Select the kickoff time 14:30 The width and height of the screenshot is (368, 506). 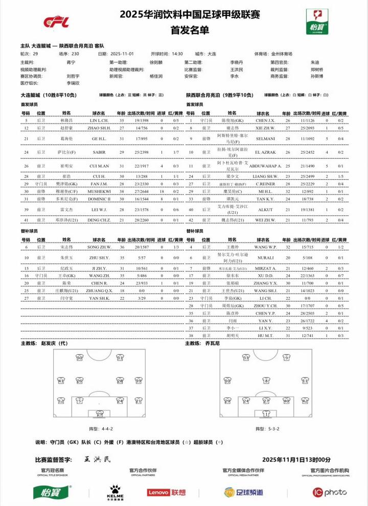coord(177,54)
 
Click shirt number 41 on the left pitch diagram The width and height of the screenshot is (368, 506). coord(61,380)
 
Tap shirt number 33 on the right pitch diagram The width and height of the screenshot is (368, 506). coord(246,358)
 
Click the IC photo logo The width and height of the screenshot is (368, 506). coord(330,492)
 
